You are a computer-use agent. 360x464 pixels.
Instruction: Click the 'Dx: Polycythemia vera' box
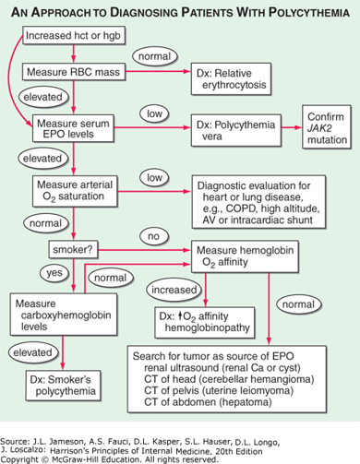(x=236, y=128)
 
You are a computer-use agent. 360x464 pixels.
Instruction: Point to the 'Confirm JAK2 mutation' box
(x=329, y=128)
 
